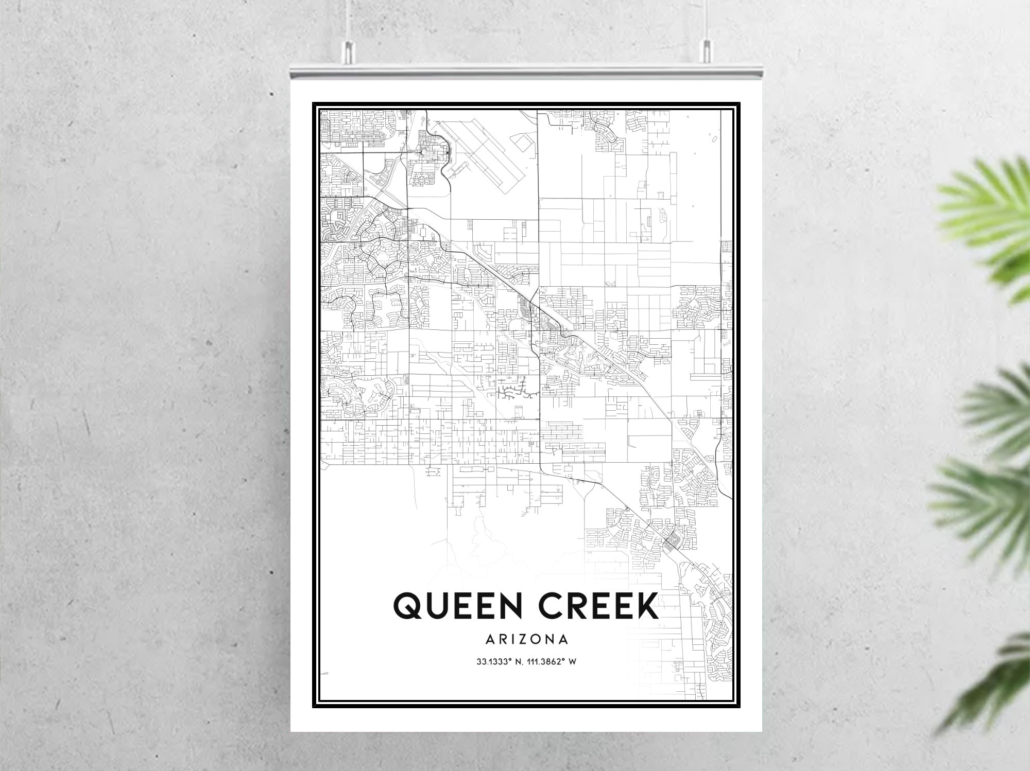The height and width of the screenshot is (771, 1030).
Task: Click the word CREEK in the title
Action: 598,606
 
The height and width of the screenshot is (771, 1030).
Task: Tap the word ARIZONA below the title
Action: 526,639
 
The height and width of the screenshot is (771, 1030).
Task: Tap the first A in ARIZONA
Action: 489,639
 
